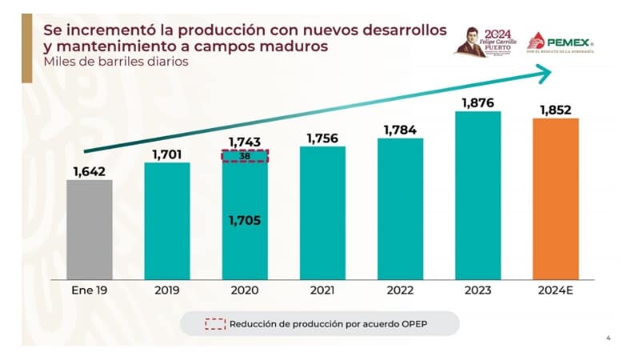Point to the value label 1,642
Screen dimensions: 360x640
tap(90, 170)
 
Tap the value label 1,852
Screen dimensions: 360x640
tap(555, 109)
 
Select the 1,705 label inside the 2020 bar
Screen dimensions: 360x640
tap(245, 220)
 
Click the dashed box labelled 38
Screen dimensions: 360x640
tap(245, 156)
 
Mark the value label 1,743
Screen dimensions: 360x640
tap(245, 142)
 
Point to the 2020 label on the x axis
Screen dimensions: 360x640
tap(245, 290)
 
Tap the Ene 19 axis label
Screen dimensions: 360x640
tap(90, 290)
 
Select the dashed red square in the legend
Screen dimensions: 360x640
tap(214, 324)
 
